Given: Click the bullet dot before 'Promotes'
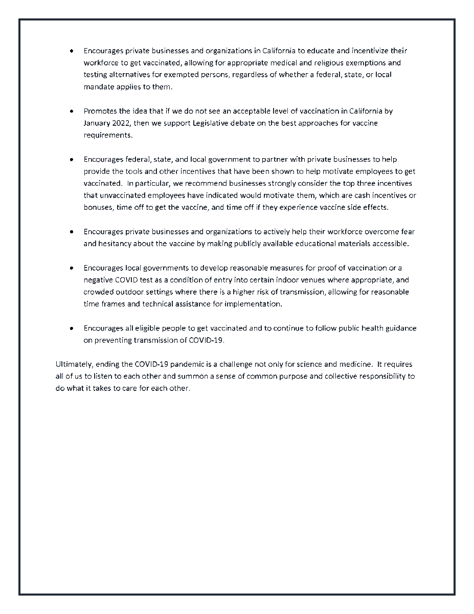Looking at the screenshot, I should coord(72,111).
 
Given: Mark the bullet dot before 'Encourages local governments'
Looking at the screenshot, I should coord(72,268).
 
